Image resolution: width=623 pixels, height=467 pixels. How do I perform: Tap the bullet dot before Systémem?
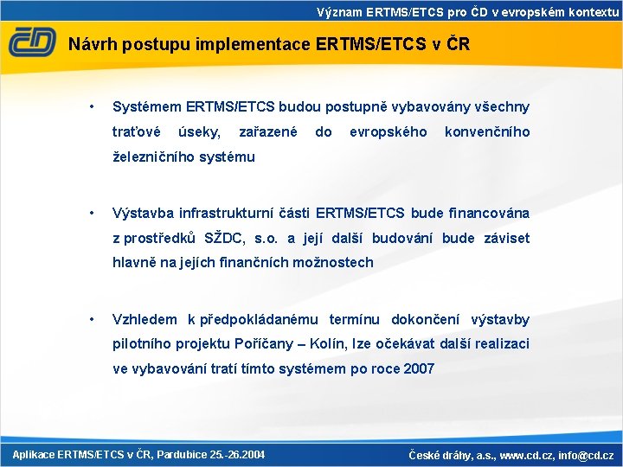(x=91, y=107)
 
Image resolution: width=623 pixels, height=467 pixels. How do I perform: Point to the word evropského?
(x=388, y=131)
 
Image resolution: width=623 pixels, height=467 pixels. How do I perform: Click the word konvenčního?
(x=486, y=131)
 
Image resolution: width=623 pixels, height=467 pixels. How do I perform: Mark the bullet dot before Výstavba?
(x=91, y=213)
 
